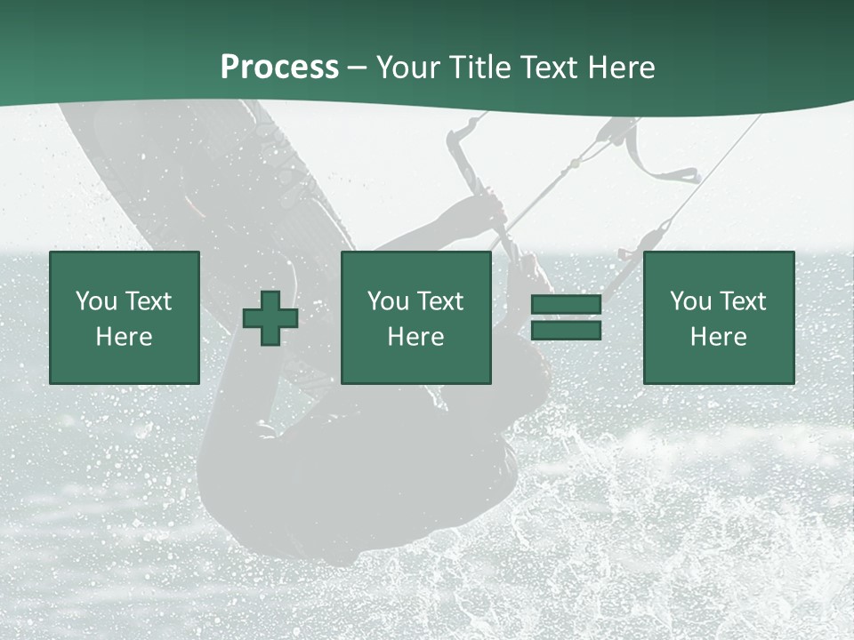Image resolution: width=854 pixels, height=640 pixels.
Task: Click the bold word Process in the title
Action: point(279,68)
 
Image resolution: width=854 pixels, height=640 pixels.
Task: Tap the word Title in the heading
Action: point(481,68)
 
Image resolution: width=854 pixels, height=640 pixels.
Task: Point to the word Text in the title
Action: point(551,68)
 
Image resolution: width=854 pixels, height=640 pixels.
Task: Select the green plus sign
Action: point(270,318)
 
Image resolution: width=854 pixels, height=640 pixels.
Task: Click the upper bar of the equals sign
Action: point(566,305)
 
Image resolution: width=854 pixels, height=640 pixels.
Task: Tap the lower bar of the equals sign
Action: point(566,331)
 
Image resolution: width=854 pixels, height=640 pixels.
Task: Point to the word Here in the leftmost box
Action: point(125,337)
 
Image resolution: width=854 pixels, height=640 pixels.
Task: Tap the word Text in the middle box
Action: point(440,301)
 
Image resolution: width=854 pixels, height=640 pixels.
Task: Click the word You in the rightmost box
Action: point(690,301)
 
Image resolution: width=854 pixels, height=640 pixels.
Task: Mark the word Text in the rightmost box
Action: point(743,301)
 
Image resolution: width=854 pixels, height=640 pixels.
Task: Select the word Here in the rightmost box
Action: point(719,337)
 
